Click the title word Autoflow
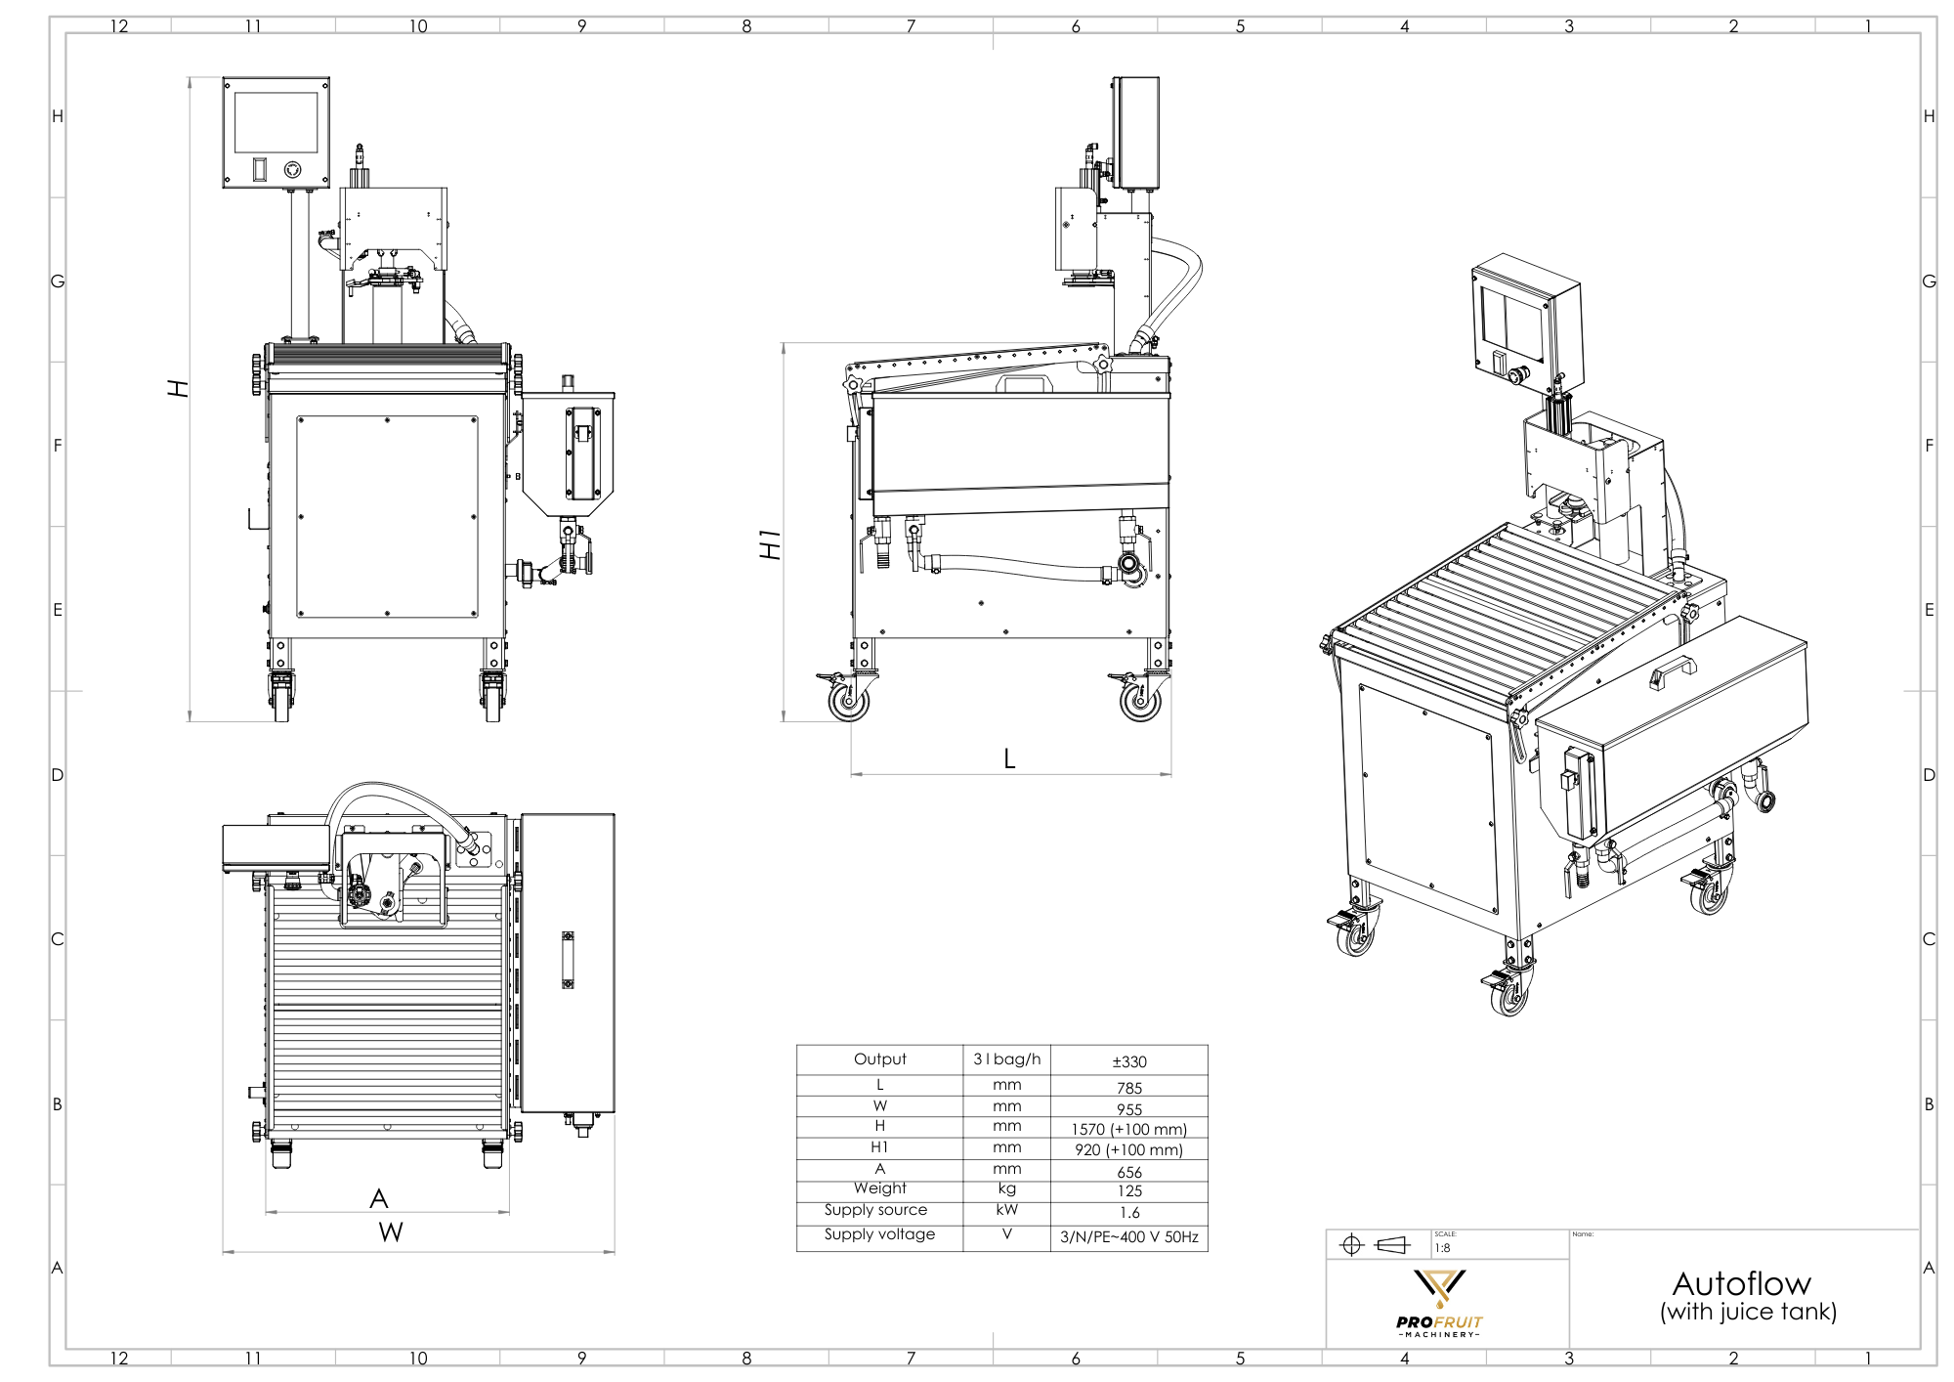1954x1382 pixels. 1741,1283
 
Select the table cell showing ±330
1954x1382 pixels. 1128,1061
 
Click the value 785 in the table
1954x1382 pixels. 1128,1088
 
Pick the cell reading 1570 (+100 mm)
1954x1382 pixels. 1128,1129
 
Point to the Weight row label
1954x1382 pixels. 879,1188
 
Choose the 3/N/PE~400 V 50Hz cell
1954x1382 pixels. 1128,1236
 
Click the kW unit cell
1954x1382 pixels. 1006,1210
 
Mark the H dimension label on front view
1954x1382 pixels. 177,388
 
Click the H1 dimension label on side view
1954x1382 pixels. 771,544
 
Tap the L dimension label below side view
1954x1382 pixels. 1009,758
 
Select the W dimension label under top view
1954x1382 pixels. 391,1232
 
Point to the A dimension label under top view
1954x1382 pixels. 379,1198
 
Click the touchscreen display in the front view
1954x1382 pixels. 276,122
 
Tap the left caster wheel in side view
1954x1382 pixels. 847,700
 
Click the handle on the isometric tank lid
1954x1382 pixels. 1672,671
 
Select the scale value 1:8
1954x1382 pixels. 1443,1248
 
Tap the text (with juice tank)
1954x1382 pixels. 1748,1312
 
